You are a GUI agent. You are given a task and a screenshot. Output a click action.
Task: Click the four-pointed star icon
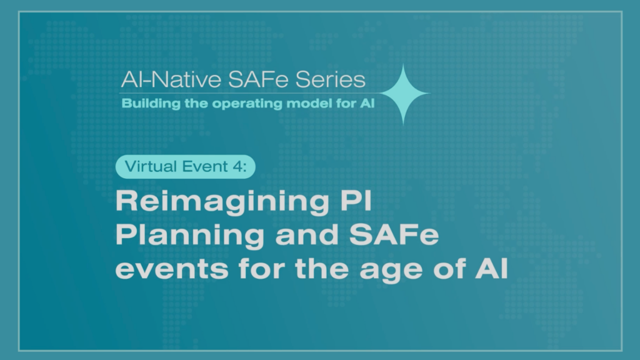tap(403, 94)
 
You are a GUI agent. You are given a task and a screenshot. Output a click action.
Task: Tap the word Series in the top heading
tap(330, 79)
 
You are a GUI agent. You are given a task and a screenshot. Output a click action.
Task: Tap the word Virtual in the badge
tap(151, 166)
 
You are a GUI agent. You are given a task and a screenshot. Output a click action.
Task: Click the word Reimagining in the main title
tap(222, 202)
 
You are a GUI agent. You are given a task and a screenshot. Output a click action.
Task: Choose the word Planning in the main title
tap(189, 236)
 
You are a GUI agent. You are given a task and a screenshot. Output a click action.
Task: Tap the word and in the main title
tap(306, 235)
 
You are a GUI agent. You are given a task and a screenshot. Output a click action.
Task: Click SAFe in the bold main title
tap(394, 235)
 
